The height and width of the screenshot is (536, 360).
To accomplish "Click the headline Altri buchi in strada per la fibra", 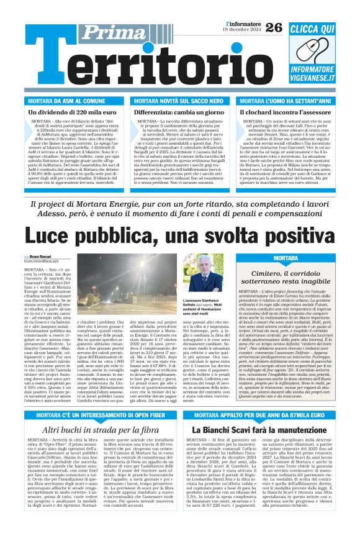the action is point(92,429).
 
